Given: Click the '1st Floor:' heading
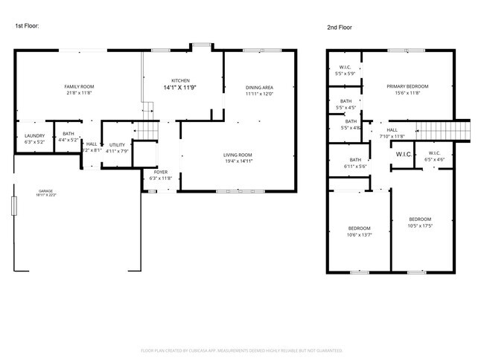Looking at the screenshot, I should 28,26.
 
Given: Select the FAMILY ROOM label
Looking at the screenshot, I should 79,87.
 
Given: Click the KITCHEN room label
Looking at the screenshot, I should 180,80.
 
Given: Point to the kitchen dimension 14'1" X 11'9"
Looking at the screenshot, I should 180,88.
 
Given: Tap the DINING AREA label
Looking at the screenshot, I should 260,88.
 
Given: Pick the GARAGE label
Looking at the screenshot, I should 45,191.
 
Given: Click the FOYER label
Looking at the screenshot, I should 161,172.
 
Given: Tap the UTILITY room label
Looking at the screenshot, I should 117,144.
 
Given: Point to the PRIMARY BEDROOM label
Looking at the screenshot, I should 407,86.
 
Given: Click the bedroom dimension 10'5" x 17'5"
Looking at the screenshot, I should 420,225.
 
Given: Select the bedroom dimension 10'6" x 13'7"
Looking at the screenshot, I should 359,235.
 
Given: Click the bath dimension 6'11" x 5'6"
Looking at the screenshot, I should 356,166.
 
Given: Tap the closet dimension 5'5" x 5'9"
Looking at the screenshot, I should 346,74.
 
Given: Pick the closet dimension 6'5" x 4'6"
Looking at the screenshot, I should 435,158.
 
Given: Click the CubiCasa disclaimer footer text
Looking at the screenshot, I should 241,350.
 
